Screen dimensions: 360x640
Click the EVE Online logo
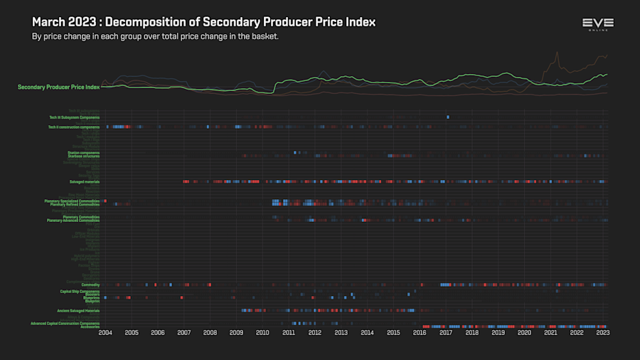coord(598,24)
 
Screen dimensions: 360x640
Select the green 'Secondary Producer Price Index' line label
coord(58,88)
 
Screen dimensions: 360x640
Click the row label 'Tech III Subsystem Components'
coord(74,117)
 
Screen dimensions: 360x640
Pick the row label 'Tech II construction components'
coord(73,127)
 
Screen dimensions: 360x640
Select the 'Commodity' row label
coord(90,285)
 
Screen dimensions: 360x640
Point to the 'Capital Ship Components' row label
coord(80,291)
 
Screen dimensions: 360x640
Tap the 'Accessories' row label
coord(90,327)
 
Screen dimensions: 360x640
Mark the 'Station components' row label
coord(84,152)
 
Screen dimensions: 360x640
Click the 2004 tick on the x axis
coord(105,333)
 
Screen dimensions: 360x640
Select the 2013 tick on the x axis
coord(341,333)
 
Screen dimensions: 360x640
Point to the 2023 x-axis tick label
coord(602,333)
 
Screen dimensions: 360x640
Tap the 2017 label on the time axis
coord(446,333)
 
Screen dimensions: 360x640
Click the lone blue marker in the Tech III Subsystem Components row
coord(448,117)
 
